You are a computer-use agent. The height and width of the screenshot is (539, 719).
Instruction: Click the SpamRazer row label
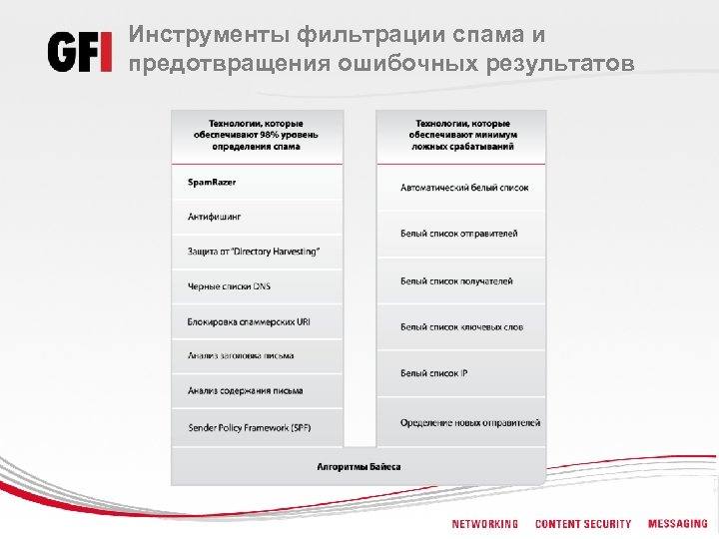point(212,182)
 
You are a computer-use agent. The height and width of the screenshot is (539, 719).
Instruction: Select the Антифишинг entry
point(214,217)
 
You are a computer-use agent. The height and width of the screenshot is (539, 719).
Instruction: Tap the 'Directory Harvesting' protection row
point(254,252)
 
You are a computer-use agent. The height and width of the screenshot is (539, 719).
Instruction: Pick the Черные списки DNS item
point(229,286)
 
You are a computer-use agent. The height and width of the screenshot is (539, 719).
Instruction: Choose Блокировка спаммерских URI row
point(248,321)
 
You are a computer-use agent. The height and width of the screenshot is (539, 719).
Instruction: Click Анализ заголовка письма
point(240,355)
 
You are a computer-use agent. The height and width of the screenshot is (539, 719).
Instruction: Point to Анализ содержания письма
point(245,390)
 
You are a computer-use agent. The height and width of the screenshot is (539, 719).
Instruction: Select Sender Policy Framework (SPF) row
point(249,427)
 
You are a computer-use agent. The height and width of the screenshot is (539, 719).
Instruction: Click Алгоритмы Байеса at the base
point(359,466)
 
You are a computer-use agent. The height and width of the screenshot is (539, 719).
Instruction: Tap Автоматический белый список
point(464,188)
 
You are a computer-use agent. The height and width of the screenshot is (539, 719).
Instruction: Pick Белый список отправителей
point(458,234)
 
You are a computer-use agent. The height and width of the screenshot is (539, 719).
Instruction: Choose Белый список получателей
point(456,280)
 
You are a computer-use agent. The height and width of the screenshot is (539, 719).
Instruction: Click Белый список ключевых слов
point(461,326)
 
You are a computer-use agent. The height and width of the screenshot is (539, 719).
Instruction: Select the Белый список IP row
point(433,372)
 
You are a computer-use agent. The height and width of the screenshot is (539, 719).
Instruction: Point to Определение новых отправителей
point(470,422)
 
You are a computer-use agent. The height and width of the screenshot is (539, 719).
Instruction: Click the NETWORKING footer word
point(484,524)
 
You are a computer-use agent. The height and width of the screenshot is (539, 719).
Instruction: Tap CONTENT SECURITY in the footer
point(583,524)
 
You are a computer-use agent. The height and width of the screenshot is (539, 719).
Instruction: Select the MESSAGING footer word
point(677,524)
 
